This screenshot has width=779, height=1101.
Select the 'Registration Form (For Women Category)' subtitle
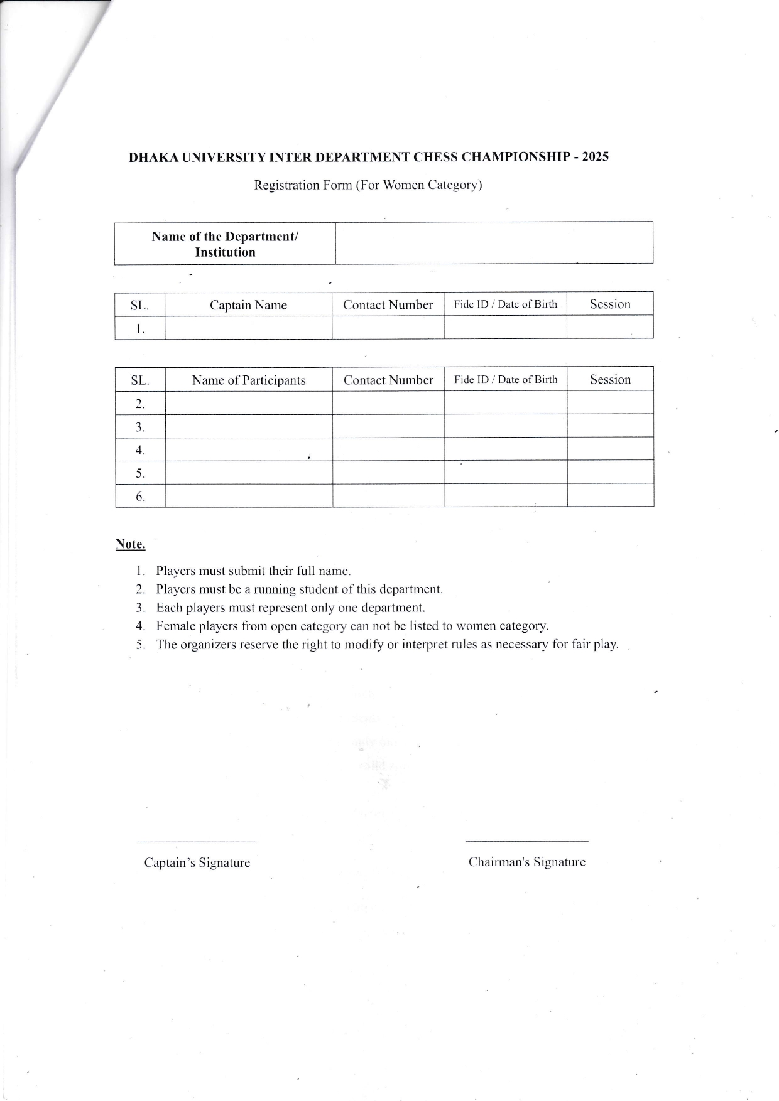tap(368, 185)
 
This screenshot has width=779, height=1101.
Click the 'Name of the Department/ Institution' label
tap(225, 244)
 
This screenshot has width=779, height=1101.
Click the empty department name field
tap(494, 243)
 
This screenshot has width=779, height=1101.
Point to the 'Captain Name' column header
tap(248, 305)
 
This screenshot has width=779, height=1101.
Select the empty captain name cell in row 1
tap(248, 328)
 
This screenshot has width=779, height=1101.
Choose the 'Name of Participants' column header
tap(249, 380)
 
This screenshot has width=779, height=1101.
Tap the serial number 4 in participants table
tap(140, 450)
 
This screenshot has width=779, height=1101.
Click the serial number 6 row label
tap(140, 497)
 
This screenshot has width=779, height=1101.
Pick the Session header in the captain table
tap(610, 304)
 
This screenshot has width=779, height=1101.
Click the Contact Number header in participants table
tap(388, 380)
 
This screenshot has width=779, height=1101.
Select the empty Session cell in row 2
tap(610, 402)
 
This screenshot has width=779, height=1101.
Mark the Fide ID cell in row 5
tap(506, 473)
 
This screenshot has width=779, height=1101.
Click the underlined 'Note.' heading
tap(130, 544)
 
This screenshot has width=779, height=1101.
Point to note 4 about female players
tap(352, 626)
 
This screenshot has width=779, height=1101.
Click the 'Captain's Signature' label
tap(197, 862)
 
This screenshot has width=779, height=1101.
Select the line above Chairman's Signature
tap(526, 841)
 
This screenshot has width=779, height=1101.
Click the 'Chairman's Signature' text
tap(526, 862)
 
